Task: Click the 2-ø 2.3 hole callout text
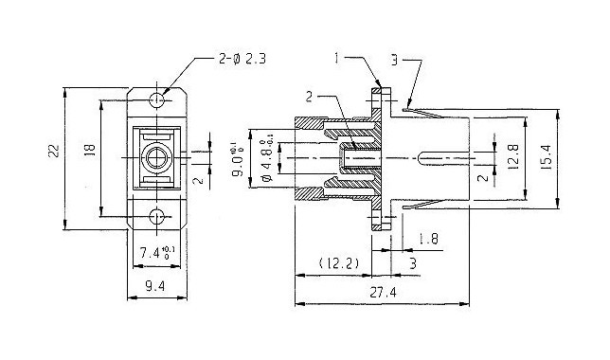click(x=242, y=59)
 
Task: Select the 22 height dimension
click(x=54, y=151)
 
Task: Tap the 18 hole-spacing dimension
click(x=90, y=150)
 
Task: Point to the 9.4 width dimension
click(x=155, y=286)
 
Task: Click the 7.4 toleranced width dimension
click(x=154, y=253)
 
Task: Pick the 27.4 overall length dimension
click(x=383, y=293)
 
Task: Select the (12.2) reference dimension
click(x=338, y=263)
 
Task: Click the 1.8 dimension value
click(x=428, y=239)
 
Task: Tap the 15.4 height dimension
click(x=546, y=157)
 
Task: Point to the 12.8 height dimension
click(x=513, y=157)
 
